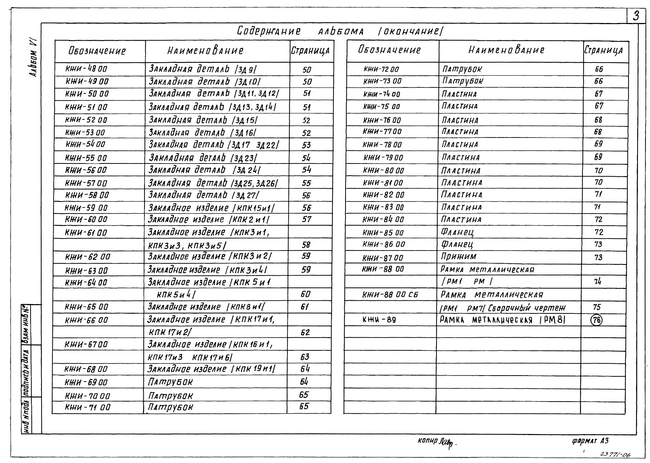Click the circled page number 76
[x=596, y=320]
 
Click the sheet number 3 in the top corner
[x=636, y=16]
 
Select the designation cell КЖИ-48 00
[x=86, y=69]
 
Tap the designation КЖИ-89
[x=379, y=320]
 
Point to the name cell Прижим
[x=459, y=257]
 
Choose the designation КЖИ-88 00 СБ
[x=390, y=295]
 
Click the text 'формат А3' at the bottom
[x=590, y=441]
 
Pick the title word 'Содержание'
[x=269, y=31]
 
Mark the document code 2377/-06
[x=615, y=455]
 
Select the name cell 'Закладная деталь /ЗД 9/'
[x=203, y=69]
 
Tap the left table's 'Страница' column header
[x=310, y=51]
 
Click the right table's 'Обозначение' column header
[x=389, y=50]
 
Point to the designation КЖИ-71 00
[x=88, y=407]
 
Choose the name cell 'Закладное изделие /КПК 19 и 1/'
[x=212, y=369]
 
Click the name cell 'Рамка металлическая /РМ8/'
[x=503, y=320]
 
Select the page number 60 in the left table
[x=306, y=294]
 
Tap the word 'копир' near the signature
[x=427, y=440]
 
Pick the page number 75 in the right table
[x=597, y=307]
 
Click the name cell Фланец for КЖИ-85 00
[x=457, y=232]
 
